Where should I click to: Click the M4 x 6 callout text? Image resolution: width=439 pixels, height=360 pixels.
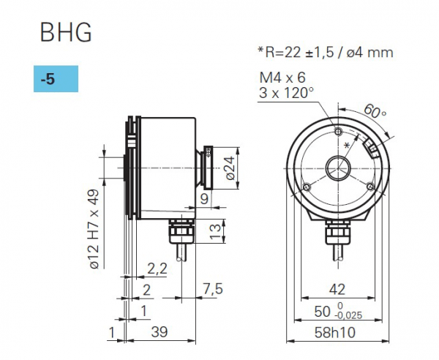tap(283, 78)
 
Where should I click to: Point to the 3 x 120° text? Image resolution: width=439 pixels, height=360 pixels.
tap(286, 93)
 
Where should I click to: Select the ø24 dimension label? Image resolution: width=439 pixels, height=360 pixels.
tap(230, 170)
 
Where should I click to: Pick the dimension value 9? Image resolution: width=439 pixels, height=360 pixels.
tap(204, 198)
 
